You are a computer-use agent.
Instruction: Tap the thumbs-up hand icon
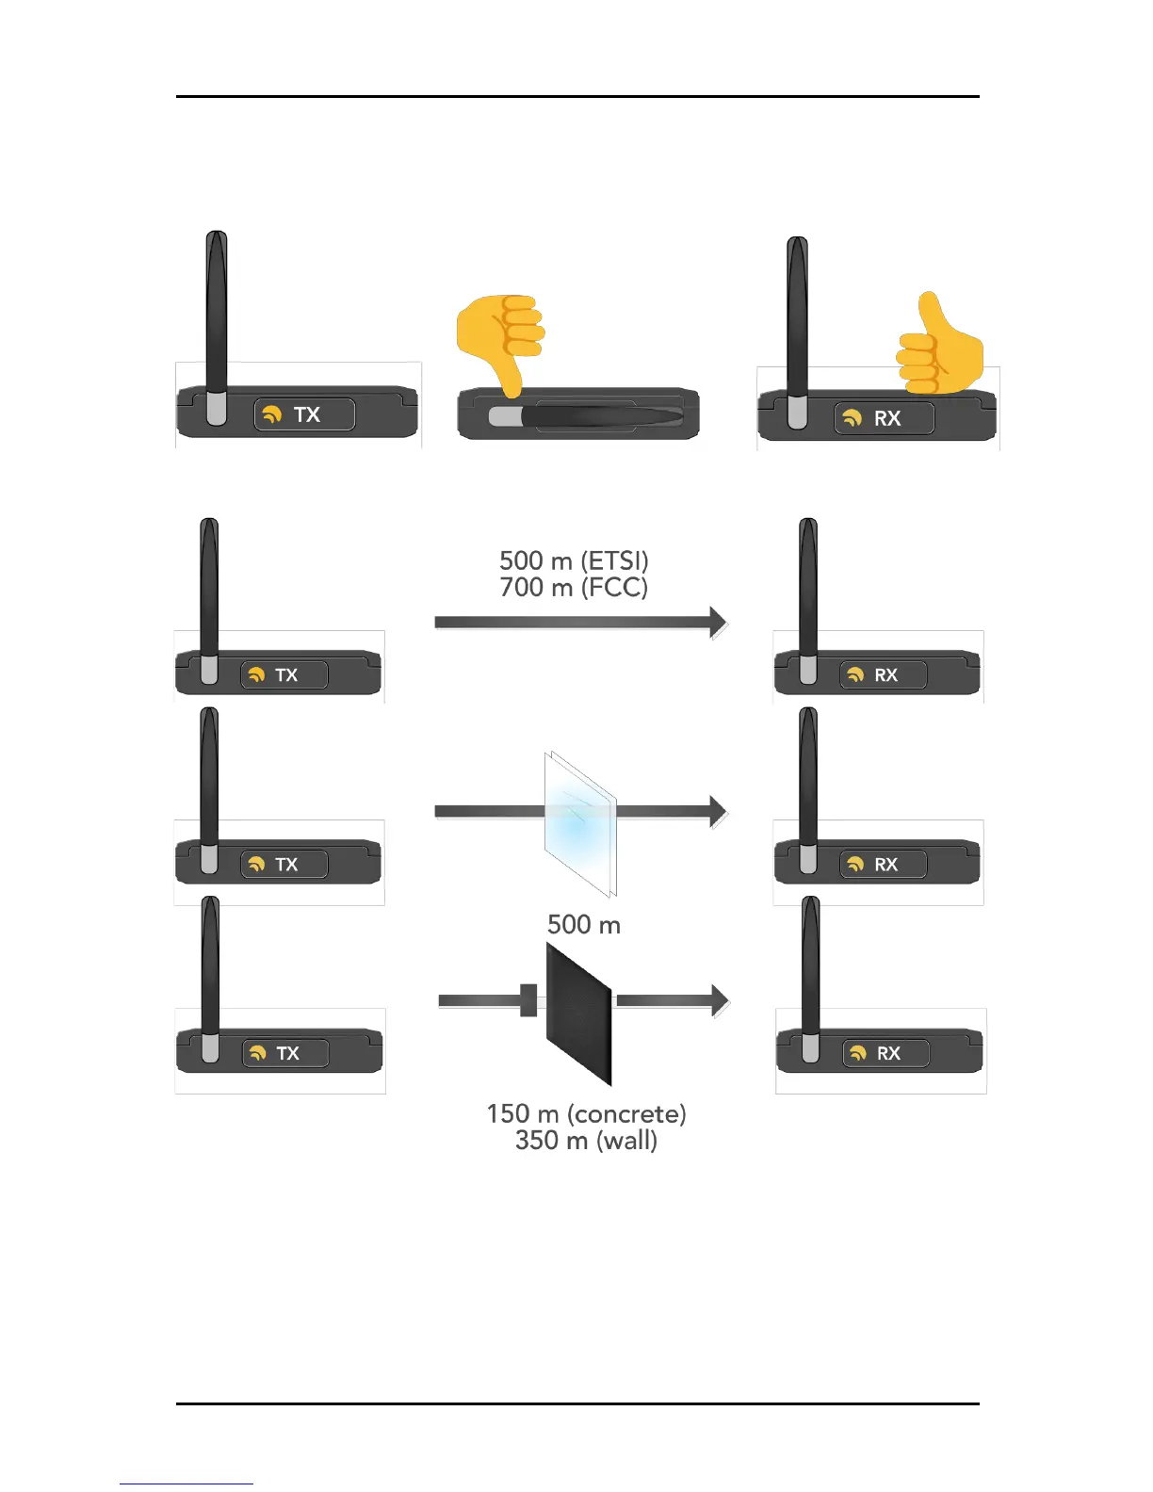coord(939,346)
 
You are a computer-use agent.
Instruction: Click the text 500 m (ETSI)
coord(574,560)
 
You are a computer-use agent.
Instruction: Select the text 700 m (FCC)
coord(574,588)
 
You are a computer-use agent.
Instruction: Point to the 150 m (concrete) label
coord(586,1113)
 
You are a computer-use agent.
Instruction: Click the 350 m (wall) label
coord(586,1141)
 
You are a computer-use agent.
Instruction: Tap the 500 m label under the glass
coord(584,925)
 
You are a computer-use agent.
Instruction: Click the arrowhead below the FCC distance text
coord(718,622)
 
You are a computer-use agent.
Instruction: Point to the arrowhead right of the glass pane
coord(718,811)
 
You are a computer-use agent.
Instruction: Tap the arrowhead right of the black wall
coord(720,1000)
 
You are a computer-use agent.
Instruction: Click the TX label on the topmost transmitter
coord(307,414)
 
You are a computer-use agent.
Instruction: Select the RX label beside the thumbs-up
coord(887,418)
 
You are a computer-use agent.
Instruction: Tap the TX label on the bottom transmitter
coord(288,1053)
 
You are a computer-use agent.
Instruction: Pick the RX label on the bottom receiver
coord(888,1053)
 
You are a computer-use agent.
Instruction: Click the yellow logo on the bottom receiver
coord(857,1053)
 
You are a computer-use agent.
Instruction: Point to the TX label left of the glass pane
coord(286,864)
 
